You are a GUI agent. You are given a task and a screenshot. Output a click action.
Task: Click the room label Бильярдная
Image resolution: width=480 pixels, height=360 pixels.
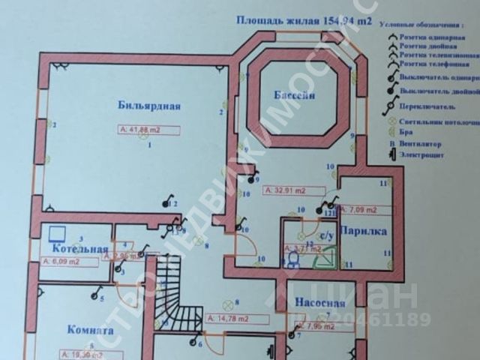[x=149, y=106]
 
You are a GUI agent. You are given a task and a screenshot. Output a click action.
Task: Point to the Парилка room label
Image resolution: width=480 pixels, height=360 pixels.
[x=363, y=232]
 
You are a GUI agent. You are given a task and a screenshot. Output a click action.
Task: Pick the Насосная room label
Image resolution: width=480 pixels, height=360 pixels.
[x=319, y=304]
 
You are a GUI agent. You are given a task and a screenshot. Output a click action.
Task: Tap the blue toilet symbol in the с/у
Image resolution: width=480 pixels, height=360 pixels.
[x=293, y=259]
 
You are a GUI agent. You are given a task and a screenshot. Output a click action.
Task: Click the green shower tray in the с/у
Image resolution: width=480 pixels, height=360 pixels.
[x=325, y=259]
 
